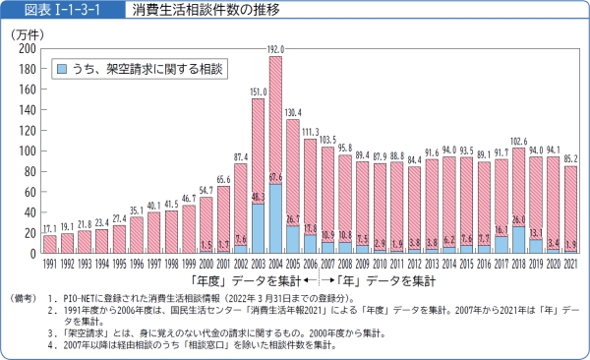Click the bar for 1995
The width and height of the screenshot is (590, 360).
[119, 239]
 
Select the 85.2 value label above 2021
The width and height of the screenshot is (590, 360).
[570, 159]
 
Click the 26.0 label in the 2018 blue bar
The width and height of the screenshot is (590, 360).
[518, 219]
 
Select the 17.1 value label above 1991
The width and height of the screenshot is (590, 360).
[49, 229]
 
